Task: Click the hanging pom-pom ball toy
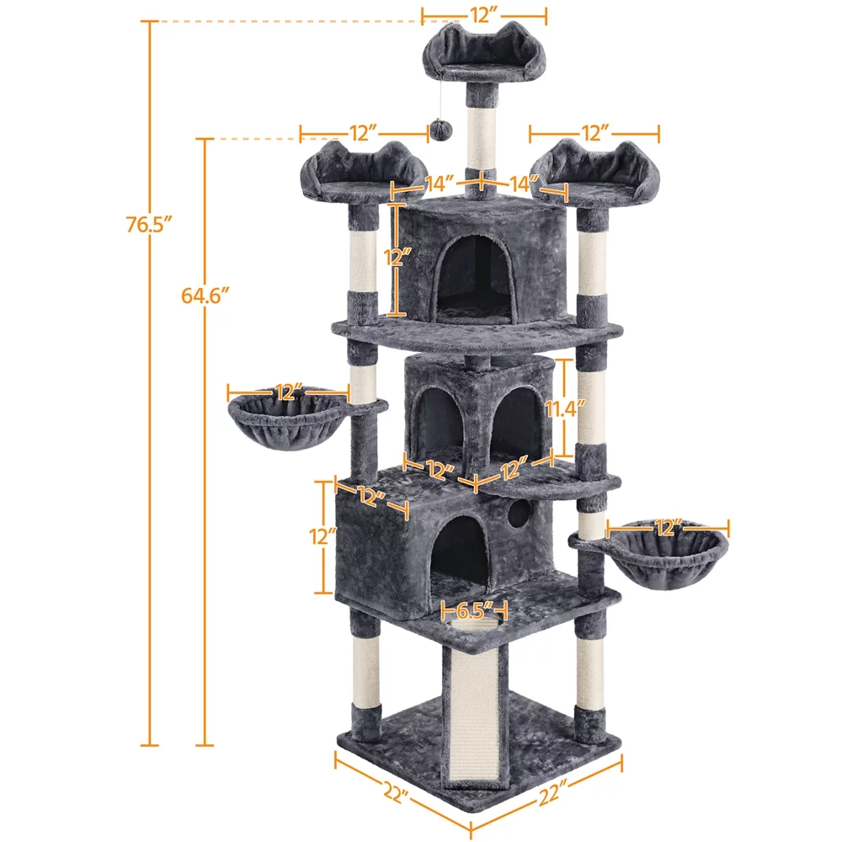441,129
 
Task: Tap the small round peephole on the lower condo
520,513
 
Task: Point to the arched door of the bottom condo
460,552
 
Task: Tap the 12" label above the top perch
484,14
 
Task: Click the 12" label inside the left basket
288,392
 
